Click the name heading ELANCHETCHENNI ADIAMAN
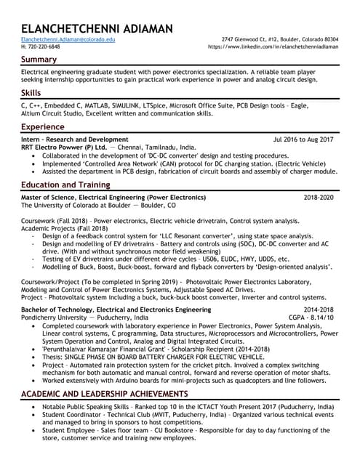(x=97, y=28)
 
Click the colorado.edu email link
(x=68, y=39)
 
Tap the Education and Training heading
(x=66, y=185)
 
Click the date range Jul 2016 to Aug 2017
(x=303, y=139)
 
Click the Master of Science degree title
(x=113, y=198)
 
